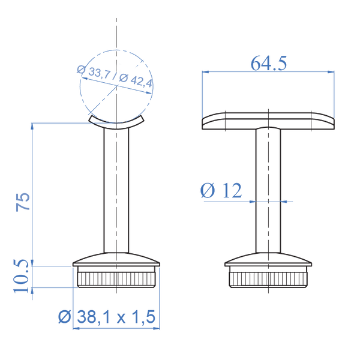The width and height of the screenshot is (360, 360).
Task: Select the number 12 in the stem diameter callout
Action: pyautogui.click(x=231, y=191)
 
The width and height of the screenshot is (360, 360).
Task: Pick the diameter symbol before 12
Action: pyautogui.click(x=206, y=191)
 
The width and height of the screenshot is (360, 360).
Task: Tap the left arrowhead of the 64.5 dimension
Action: pyautogui.click(x=205, y=71)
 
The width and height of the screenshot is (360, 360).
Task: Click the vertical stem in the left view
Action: pyautogui.click(x=116, y=192)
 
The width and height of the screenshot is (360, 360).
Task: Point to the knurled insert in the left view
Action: pyautogui.click(x=116, y=278)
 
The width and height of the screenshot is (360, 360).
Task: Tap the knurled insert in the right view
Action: pyautogui.click(x=268, y=278)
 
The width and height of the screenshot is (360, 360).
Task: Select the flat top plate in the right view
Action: pyautogui.click(x=268, y=120)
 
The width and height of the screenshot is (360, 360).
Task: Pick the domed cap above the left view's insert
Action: pyautogui.click(x=116, y=259)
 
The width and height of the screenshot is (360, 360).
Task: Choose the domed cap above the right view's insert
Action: pyautogui.click(x=268, y=259)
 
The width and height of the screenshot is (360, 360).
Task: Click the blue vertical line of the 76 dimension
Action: pyautogui.click(x=32, y=192)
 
